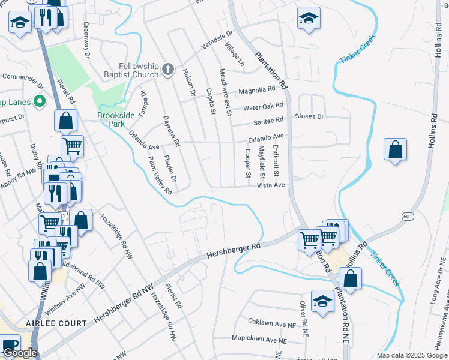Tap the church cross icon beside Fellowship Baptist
[168, 71]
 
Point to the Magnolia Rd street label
[256, 91]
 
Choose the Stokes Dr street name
[309, 116]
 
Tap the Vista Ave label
[270, 186]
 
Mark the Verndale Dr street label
[217, 42]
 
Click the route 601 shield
[408, 216]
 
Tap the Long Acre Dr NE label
[436, 283]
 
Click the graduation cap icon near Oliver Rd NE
[322, 302]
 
